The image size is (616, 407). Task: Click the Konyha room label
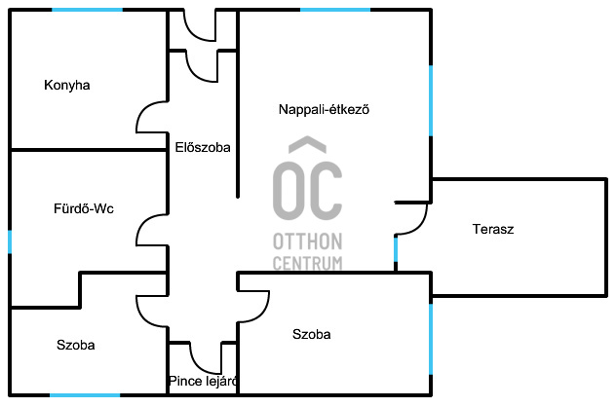(67, 85)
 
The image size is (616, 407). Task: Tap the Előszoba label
(202, 148)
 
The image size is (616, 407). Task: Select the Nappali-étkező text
(324, 110)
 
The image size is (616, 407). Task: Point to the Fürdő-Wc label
(77, 207)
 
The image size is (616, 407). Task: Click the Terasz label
(493, 230)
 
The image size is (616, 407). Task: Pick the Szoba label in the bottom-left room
(76, 345)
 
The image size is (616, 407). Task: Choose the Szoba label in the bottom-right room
(312, 334)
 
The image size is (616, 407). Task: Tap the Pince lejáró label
(203, 381)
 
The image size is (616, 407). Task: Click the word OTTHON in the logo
(307, 240)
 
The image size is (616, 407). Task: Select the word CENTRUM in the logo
(307, 263)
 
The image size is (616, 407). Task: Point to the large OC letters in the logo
(307, 185)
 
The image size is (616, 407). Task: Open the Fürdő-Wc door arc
(152, 231)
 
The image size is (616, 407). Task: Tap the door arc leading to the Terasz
(412, 219)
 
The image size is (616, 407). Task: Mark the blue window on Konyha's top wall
(88, 10)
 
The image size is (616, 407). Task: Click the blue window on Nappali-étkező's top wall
(335, 10)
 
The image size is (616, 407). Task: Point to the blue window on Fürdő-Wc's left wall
(10, 241)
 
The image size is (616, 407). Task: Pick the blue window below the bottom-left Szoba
(85, 394)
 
